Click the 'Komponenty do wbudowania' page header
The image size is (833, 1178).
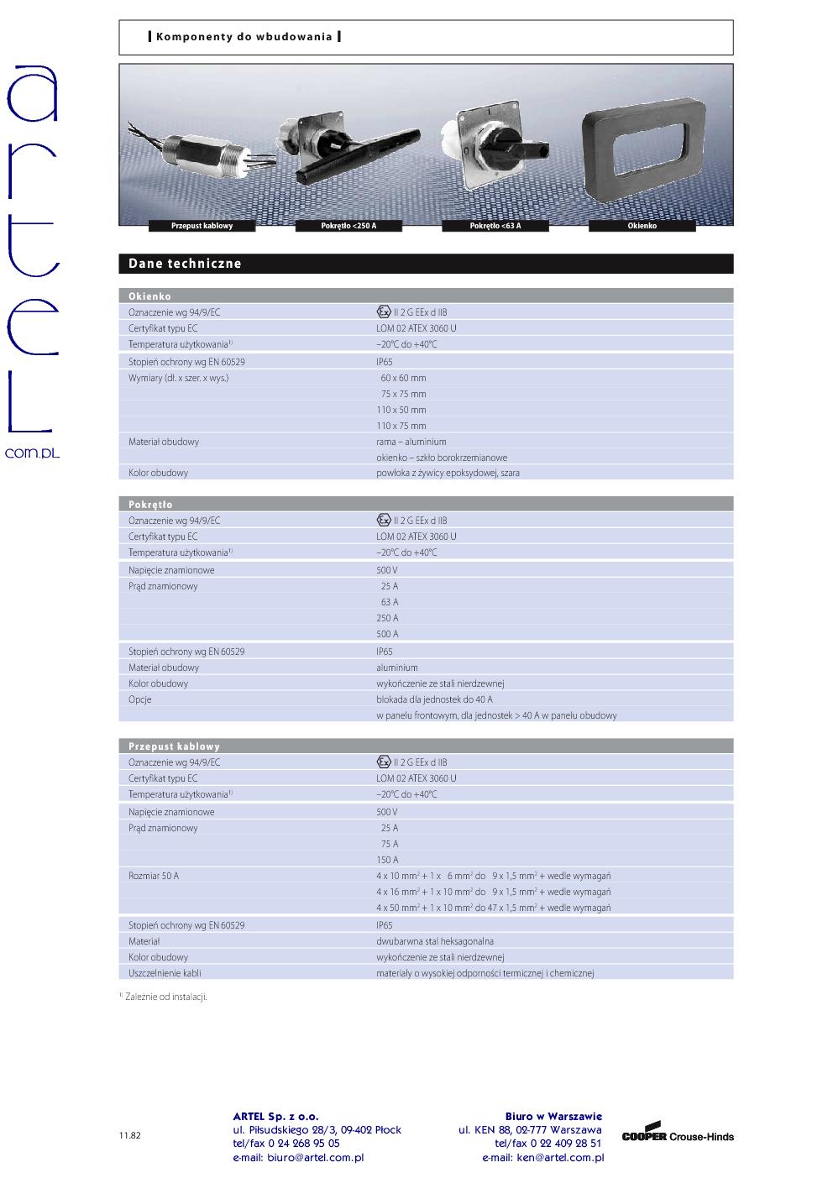tap(244, 37)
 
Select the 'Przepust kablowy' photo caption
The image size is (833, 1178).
tap(202, 226)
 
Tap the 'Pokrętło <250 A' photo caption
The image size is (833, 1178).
tap(348, 226)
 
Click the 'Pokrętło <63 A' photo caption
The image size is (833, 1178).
tap(495, 226)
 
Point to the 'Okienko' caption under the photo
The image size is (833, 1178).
tap(642, 226)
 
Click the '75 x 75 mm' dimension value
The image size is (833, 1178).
tap(403, 394)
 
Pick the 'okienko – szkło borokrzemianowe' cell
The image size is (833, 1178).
tap(442, 458)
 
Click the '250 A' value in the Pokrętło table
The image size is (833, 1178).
tap(387, 618)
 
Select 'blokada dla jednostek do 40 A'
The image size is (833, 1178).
tap(434, 699)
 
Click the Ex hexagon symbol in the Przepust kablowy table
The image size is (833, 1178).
tap(384, 762)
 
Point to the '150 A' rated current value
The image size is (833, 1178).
tap(387, 860)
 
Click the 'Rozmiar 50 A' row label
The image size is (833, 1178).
tap(154, 876)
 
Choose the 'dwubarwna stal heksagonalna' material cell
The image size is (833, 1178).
tap(435, 941)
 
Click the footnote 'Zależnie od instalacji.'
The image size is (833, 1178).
tap(165, 997)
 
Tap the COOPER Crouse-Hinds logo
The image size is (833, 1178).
tap(678, 1134)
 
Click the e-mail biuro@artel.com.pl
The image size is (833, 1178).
tap(298, 1157)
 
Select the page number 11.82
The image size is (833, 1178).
tap(129, 1135)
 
